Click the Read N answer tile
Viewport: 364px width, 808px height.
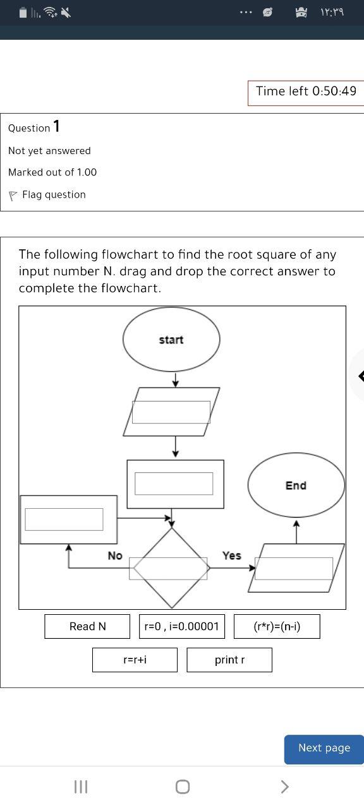tap(87, 626)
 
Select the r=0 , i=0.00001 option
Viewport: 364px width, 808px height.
tap(181, 626)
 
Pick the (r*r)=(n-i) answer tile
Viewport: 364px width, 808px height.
tap(277, 626)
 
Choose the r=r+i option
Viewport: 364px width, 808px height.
tap(135, 660)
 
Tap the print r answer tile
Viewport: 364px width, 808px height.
tap(229, 660)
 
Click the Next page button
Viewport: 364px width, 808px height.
tap(324, 748)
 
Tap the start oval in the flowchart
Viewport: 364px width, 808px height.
tap(171, 340)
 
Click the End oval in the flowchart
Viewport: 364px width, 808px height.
tap(296, 485)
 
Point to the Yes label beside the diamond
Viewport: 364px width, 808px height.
tap(231, 555)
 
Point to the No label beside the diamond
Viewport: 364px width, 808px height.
tap(114, 555)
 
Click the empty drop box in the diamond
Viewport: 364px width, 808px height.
tap(168, 568)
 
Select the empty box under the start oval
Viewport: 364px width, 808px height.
tap(171, 412)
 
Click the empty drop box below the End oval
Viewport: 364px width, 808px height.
tap(294, 568)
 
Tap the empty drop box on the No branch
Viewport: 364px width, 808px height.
tap(64, 520)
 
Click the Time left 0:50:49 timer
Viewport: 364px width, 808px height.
tap(306, 92)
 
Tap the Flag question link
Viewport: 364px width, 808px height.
tap(53, 195)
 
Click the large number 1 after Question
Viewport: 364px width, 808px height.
tap(57, 126)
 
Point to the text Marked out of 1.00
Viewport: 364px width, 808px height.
tap(52, 172)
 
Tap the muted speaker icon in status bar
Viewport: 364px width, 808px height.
tap(65, 12)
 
